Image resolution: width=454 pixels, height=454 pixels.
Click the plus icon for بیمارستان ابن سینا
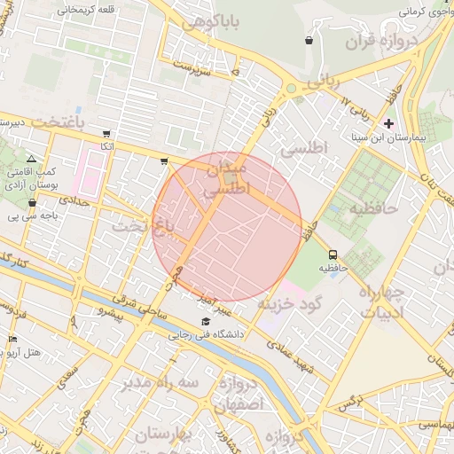pos(387,122)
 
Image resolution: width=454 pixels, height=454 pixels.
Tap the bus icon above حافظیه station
pos(332,253)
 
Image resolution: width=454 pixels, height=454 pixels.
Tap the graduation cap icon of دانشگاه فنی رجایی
pos(207,321)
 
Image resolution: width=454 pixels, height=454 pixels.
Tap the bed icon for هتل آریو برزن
pos(12,339)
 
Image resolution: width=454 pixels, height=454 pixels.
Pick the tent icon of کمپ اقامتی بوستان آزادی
pos(32,156)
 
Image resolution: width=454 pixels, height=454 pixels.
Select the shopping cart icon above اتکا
pos(106,133)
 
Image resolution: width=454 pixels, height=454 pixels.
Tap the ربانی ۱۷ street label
pos(357,112)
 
